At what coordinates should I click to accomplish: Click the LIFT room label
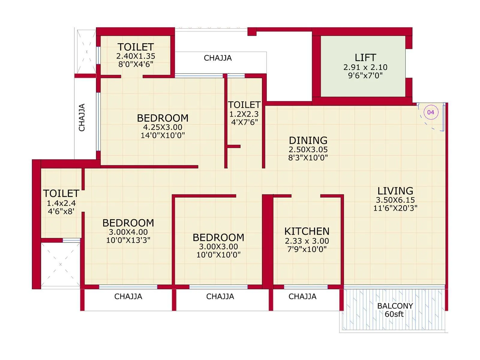[x=365, y=57]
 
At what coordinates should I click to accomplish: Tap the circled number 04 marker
[x=431, y=112]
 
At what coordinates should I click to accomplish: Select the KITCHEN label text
[x=307, y=231]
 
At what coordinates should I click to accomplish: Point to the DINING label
[x=308, y=140]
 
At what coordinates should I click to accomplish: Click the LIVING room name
[x=395, y=191]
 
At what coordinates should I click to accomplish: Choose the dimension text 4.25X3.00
[x=163, y=127]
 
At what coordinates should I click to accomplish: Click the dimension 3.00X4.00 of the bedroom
[x=128, y=232]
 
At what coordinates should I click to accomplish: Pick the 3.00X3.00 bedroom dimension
[x=218, y=247]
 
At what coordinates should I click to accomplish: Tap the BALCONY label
[x=395, y=306]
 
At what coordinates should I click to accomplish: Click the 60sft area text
[x=394, y=314]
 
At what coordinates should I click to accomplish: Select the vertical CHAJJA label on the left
[x=82, y=117]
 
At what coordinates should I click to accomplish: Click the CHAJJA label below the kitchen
[x=302, y=296]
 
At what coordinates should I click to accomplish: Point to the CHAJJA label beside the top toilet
[x=217, y=58]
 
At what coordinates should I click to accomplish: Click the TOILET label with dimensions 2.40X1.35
[x=136, y=47]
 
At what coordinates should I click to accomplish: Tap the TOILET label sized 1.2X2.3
[x=244, y=105]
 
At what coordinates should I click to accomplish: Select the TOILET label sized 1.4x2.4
[x=61, y=193]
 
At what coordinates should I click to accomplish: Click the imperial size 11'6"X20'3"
[x=395, y=208]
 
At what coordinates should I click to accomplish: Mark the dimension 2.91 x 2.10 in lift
[x=365, y=67]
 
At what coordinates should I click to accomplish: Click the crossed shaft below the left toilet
[x=60, y=264]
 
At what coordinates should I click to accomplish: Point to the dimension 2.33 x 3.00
[x=307, y=241]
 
